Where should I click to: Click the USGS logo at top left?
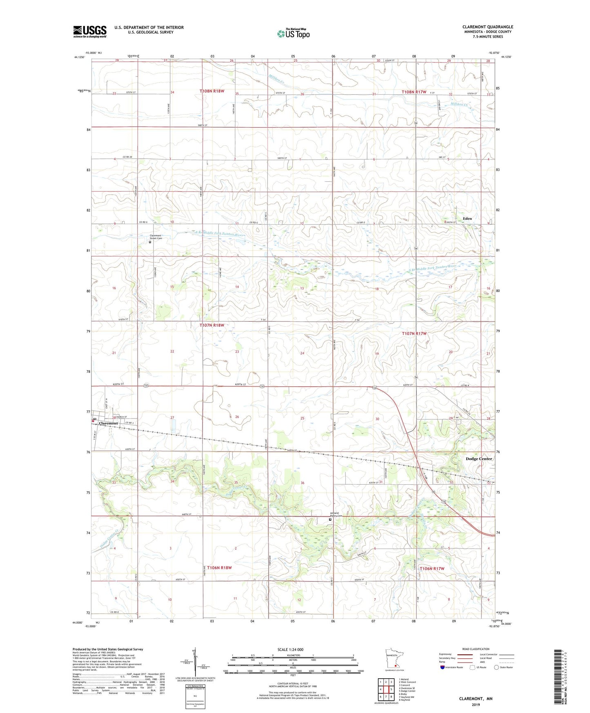pyautogui.click(x=90, y=31)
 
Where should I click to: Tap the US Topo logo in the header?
pyautogui.click(x=293, y=33)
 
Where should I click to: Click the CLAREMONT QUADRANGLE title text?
pyautogui.click(x=488, y=27)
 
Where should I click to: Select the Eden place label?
pyautogui.click(x=467, y=218)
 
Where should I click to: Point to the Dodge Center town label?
pyautogui.click(x=479, y=459)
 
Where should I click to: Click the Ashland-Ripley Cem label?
pyautogui.click(x=335, y=515)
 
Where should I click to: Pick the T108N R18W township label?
pyautogui.click(x=212, y=91)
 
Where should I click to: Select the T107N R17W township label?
pyautogui.click(x=414, y=333)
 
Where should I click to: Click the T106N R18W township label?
pyautogui.click(x=219, y=568)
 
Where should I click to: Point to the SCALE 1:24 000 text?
pyautogui.click(x=290, y=649)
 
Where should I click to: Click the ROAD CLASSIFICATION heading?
pyautogui.click(x=476, y=649)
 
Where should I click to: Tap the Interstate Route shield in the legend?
pyautogui.click(x=443, y=667)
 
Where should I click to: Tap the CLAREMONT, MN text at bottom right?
pyautogui.click(x=476, y=699)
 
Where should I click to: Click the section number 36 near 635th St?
pyautogui.click(x=303, y=483)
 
